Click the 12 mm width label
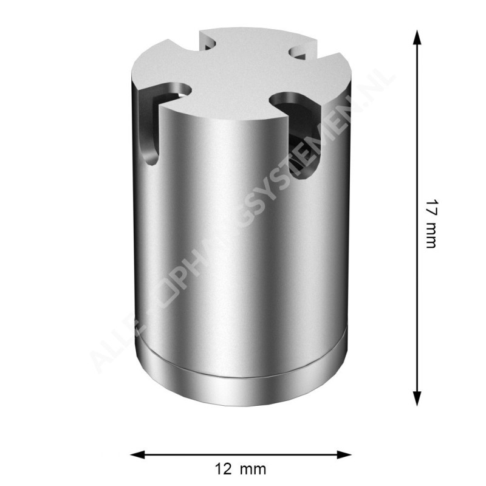(x=241, y=470)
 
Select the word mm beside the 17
(x=431, y=234)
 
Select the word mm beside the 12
(x=253, y=470)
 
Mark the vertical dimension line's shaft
(x=417, y=219)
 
